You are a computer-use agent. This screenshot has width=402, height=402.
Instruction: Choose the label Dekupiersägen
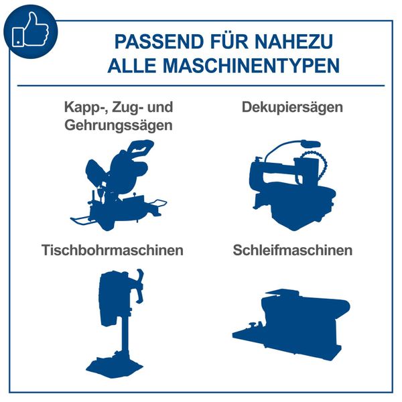pyautogui.click(x=293, y=107)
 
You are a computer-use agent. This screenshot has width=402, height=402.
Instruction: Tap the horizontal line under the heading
pyautogui.click(x=201, y=85)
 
